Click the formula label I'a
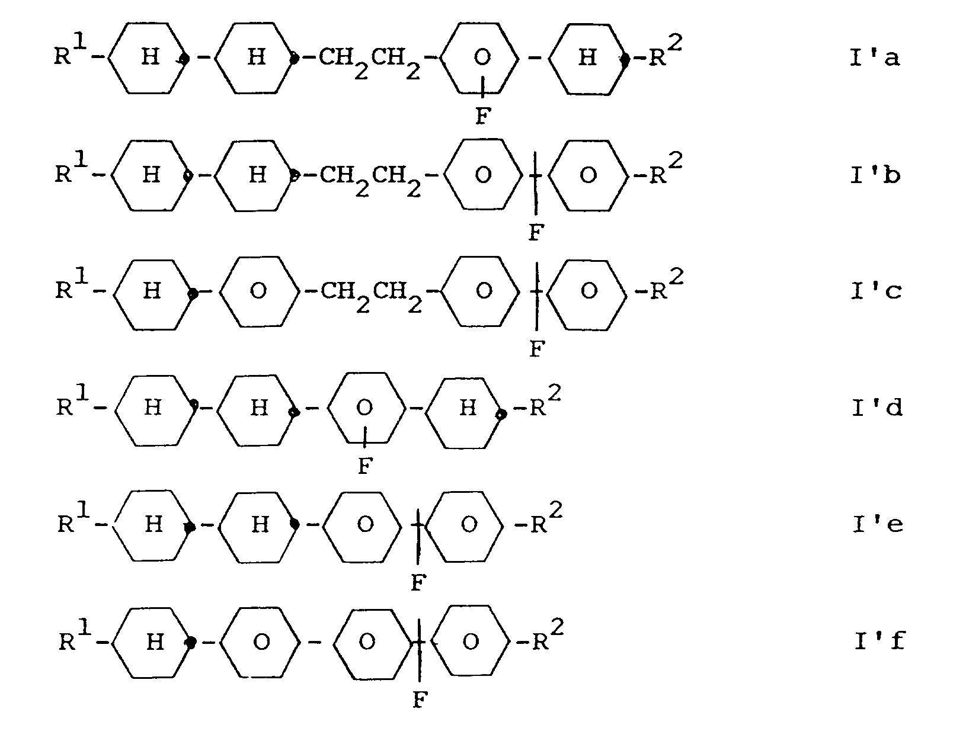(x=875, y=58)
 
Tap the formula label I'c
(x=876, y=291)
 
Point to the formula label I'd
(x=877, y=408)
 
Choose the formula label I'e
(x=878, y=524)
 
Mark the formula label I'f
(x=879, y=641)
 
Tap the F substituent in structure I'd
(x=365, y=466)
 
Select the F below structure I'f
(x=418, y=700)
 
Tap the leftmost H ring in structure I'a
(x=150, y=58)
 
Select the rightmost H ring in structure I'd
(x=468, y=408)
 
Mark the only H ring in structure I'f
(x=154, y=642)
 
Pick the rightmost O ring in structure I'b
(x=588, y=175)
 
